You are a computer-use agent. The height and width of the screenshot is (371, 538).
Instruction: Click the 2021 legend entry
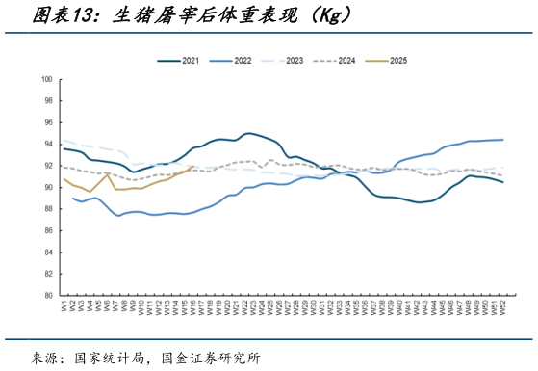click(189, 61)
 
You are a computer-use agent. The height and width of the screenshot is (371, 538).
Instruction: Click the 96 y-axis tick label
click(47, 122)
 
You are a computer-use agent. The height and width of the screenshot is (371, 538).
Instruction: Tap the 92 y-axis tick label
click(47, 166)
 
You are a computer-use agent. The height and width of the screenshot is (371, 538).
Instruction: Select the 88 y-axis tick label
click(47, 209)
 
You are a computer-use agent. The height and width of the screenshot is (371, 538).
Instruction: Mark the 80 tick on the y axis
click(47, 296)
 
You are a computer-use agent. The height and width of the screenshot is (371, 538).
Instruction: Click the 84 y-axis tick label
click(47, 252)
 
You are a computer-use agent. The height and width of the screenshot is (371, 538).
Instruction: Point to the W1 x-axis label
click(64, 306)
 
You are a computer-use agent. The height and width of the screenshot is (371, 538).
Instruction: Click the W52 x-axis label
click(502, 308)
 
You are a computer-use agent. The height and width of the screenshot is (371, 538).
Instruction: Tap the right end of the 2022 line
click(502, 140)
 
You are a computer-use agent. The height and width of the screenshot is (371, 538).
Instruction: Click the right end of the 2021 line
click(502, 182)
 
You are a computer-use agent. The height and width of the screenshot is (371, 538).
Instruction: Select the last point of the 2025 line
click(193, 167)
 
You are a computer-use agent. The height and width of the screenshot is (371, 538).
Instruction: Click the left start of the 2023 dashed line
click(64, 141)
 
